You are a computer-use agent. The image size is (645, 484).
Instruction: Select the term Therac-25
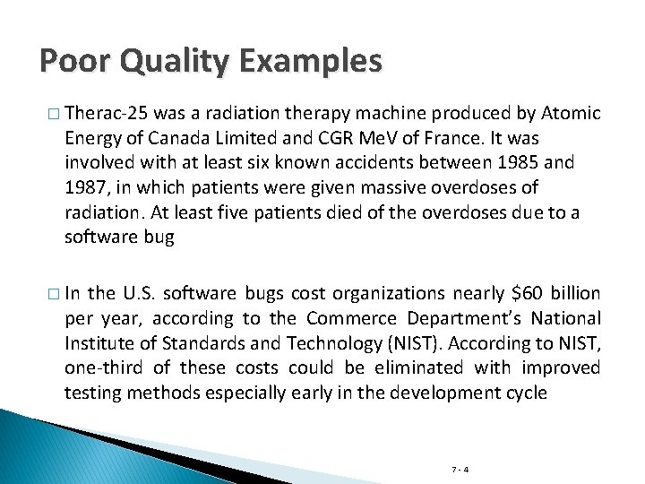107,115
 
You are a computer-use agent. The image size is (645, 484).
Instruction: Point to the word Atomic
570,115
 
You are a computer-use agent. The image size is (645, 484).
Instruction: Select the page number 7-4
460,469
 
